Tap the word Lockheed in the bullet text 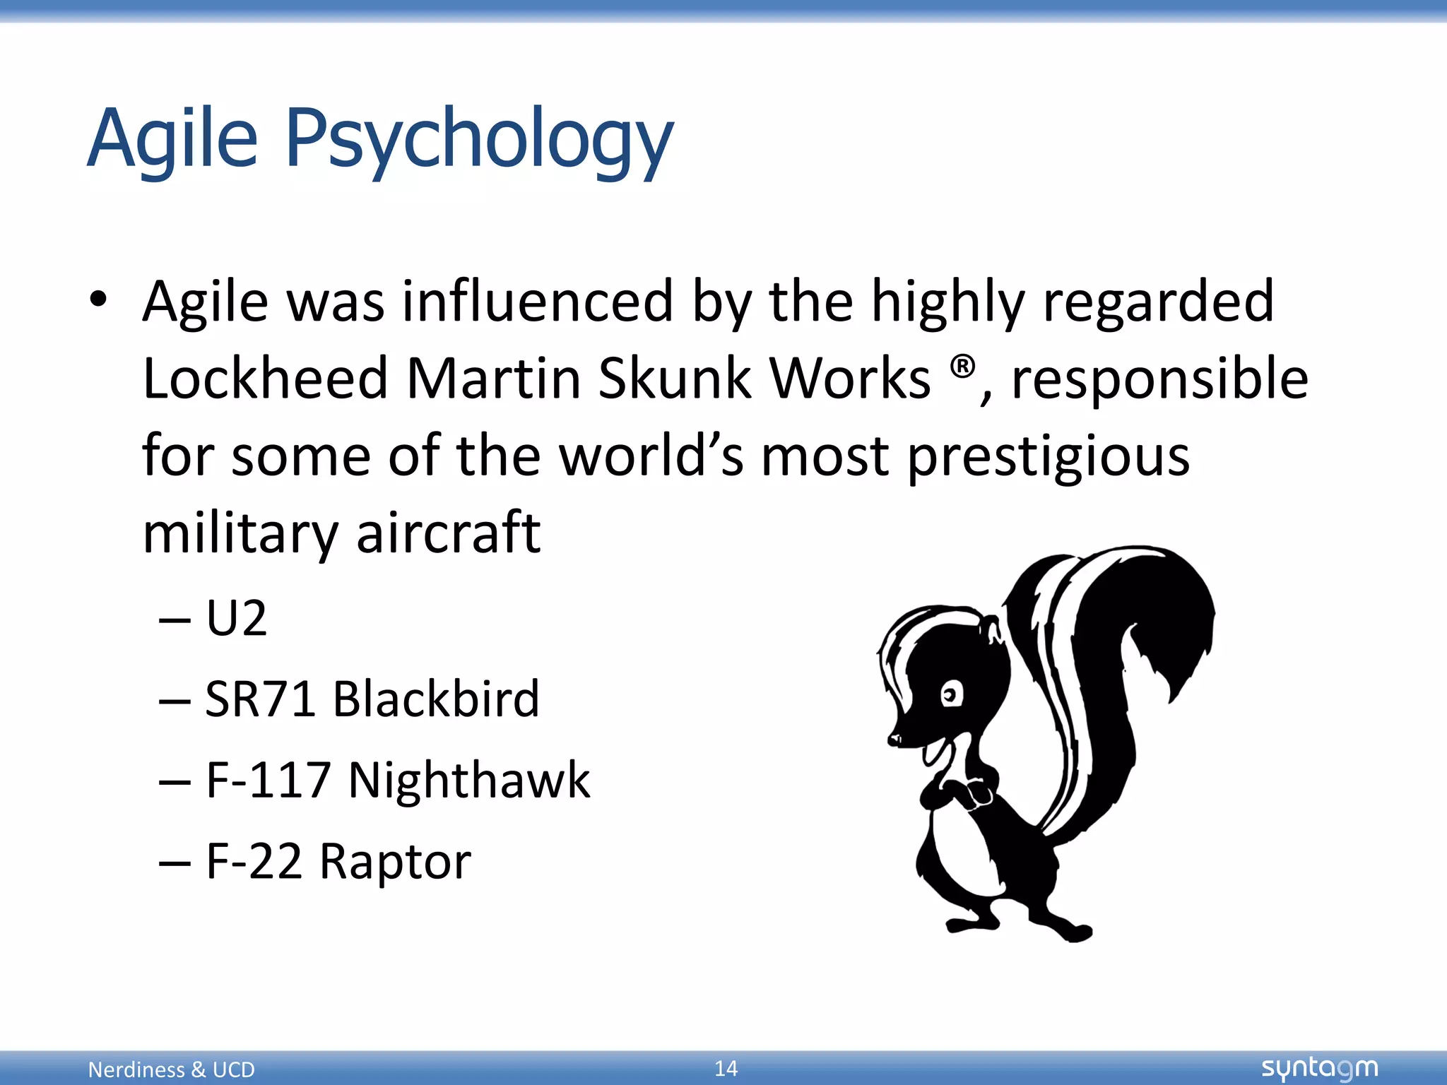tap(265, 379)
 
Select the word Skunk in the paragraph tap(675, 379)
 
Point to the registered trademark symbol tap(962, 368)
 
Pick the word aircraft tap(448, 533)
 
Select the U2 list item tap(236, 619)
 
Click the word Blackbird tap(436, 699)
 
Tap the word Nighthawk tap(468, 781)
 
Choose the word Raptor tap(395, 862)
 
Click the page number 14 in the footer tap(726, 1068)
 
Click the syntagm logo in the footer tap(1319, 1068)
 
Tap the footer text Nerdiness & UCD tap(171, 1069)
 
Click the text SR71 tap(259, 699)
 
